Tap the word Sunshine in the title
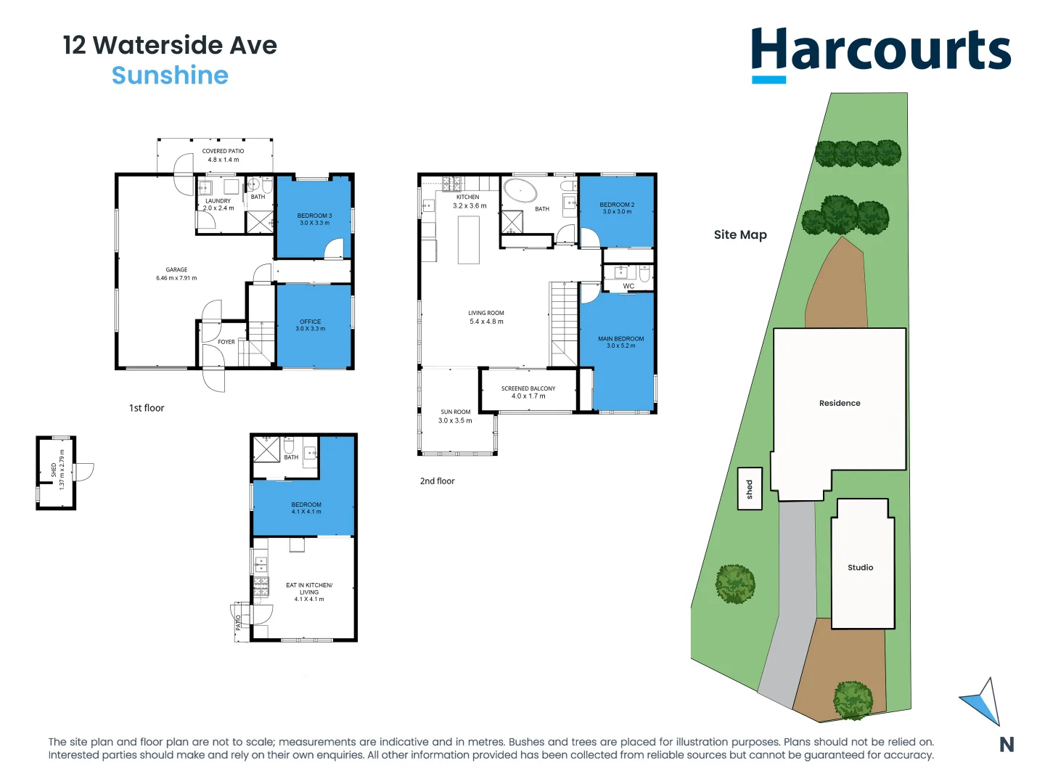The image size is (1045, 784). click(x=170, y=75)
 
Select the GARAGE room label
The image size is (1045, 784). click(x=176, y=270)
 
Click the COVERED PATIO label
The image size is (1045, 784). click(x=223, y=152)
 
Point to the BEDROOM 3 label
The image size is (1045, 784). click(x=314, y=216)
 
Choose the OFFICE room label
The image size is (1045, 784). click(x=310, y=322)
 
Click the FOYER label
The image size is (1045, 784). click(x=226, y=342)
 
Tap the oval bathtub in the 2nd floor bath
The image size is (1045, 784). click(x=520, y=192)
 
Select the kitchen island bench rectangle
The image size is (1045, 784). click(x=469, y=240)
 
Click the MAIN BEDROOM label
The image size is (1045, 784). click(x=620, y=339)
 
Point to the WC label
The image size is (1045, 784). click(x=628, y=286)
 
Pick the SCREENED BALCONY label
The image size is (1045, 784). click(x=528, y=388)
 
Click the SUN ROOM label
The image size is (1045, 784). click(x=456, y=412)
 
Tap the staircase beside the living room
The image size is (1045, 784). click(x=563, y=323)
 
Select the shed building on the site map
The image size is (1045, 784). click(x=750, y=489)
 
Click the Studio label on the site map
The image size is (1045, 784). click(x=860, y=568)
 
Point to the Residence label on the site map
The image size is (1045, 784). click(x=840, y=403)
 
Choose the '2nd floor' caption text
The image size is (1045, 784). click(x=437, y=481)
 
